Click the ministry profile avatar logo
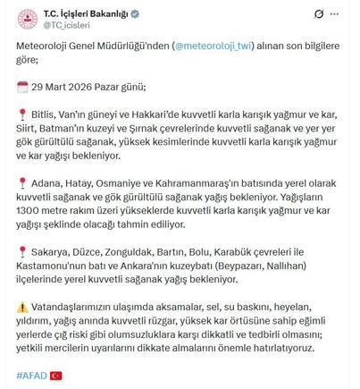click(29, 16)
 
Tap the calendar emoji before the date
click(23, 87)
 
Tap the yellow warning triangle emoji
click(23, 305)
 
